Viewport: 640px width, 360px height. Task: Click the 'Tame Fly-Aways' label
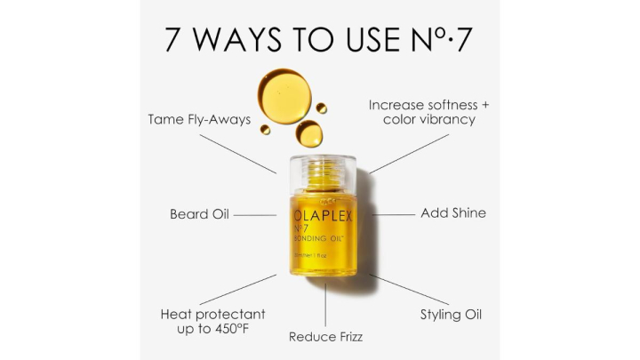pos(199,119)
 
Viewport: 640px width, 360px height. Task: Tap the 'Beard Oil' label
pos(199,214)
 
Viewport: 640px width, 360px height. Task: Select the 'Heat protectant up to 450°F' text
pos(212,322)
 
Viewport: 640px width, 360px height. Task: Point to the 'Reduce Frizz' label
pos(325,337)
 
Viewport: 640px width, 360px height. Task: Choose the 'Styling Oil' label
pos(451,315)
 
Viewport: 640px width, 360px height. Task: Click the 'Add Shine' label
pos(452,213)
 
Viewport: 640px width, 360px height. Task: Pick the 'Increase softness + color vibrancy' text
pos(429,112)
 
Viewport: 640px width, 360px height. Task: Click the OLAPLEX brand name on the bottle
pos(324,216)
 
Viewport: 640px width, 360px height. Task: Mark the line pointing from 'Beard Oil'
pos(255,215)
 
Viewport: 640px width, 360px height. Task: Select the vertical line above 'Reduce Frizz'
pos(325,304)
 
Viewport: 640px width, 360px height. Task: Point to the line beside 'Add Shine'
pos(392,214)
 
